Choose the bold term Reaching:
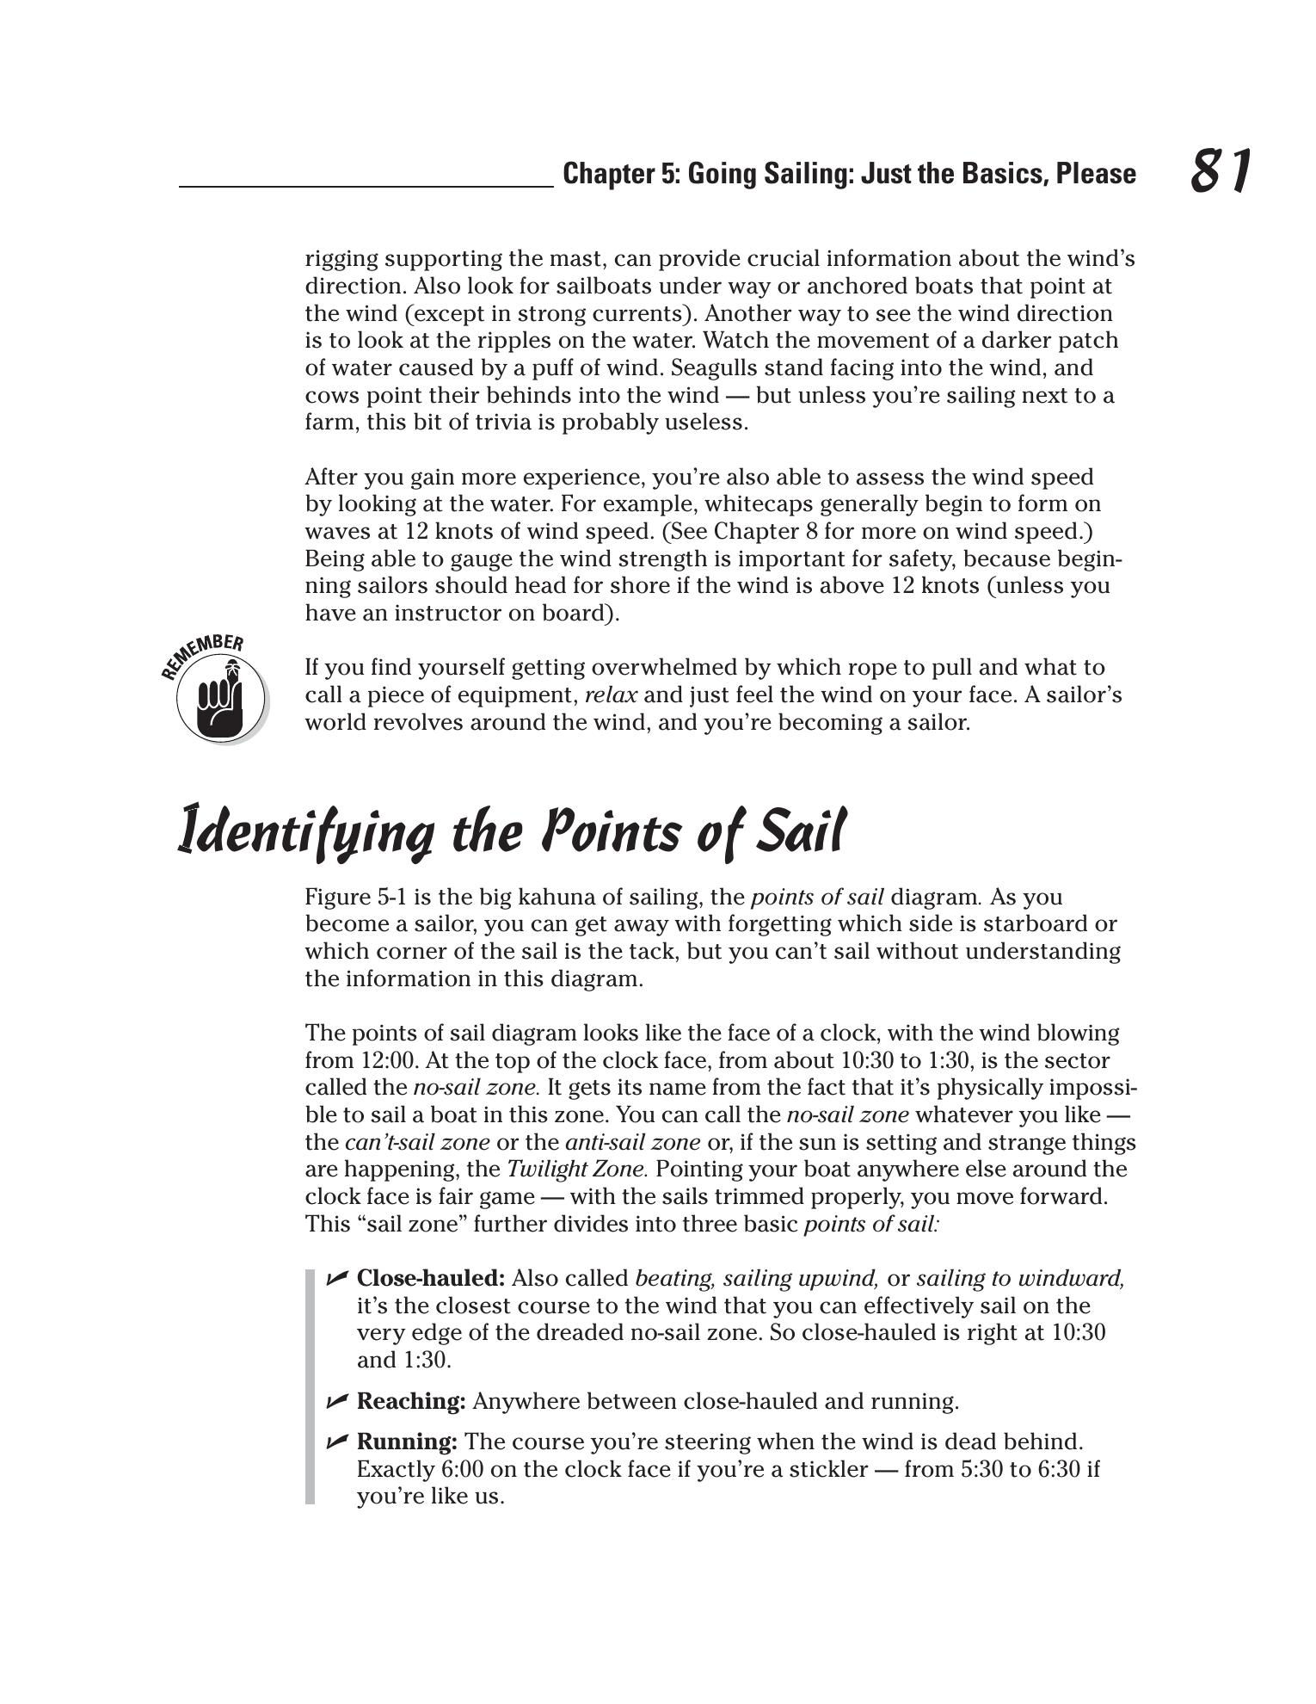[411, 1402]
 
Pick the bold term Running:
[407, 1442]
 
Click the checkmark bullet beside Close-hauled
[336, 1278]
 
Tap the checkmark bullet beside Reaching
[336, 1401]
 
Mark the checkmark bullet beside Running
[336, 1441]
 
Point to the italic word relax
[611, 695]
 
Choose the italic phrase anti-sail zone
[632, 1143]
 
